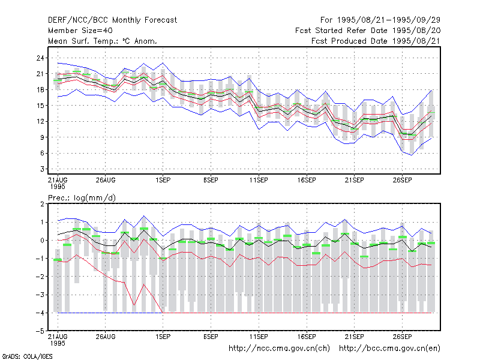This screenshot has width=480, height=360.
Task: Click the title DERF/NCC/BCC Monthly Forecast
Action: coord(112,20)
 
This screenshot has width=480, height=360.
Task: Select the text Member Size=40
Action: coord(80,31)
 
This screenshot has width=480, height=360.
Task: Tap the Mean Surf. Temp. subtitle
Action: coord(103,41)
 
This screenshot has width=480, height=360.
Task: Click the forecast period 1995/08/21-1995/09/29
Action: coord(380,20)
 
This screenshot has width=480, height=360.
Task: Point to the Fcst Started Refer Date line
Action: coord(368,31)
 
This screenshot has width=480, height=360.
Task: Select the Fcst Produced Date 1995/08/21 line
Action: coord(376,41)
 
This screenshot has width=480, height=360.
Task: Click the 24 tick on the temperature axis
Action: coord(40,58)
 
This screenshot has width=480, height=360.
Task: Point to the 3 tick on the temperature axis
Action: coord(42,169)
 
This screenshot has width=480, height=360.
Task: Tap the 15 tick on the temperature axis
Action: coord(40,106)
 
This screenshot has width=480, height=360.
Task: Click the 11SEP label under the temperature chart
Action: coord(259,180)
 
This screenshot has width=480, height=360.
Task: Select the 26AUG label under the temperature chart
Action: coord(106,180)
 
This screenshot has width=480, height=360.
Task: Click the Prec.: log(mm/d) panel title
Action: coord(82,198)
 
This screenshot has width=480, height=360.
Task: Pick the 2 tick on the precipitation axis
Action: coord(42,204)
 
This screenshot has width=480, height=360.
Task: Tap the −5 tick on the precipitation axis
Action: coord(40,331)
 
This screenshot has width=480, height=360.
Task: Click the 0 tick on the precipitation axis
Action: coord(42,241)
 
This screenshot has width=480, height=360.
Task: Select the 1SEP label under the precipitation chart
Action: coord(163,337)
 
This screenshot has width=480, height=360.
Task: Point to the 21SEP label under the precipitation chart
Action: coord(355,337)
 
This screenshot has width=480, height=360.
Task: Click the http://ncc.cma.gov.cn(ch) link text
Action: coord(279,349)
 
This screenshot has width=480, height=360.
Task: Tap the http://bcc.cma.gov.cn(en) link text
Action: coord(389,349)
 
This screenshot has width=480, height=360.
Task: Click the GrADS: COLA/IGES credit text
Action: coord(27,356)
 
